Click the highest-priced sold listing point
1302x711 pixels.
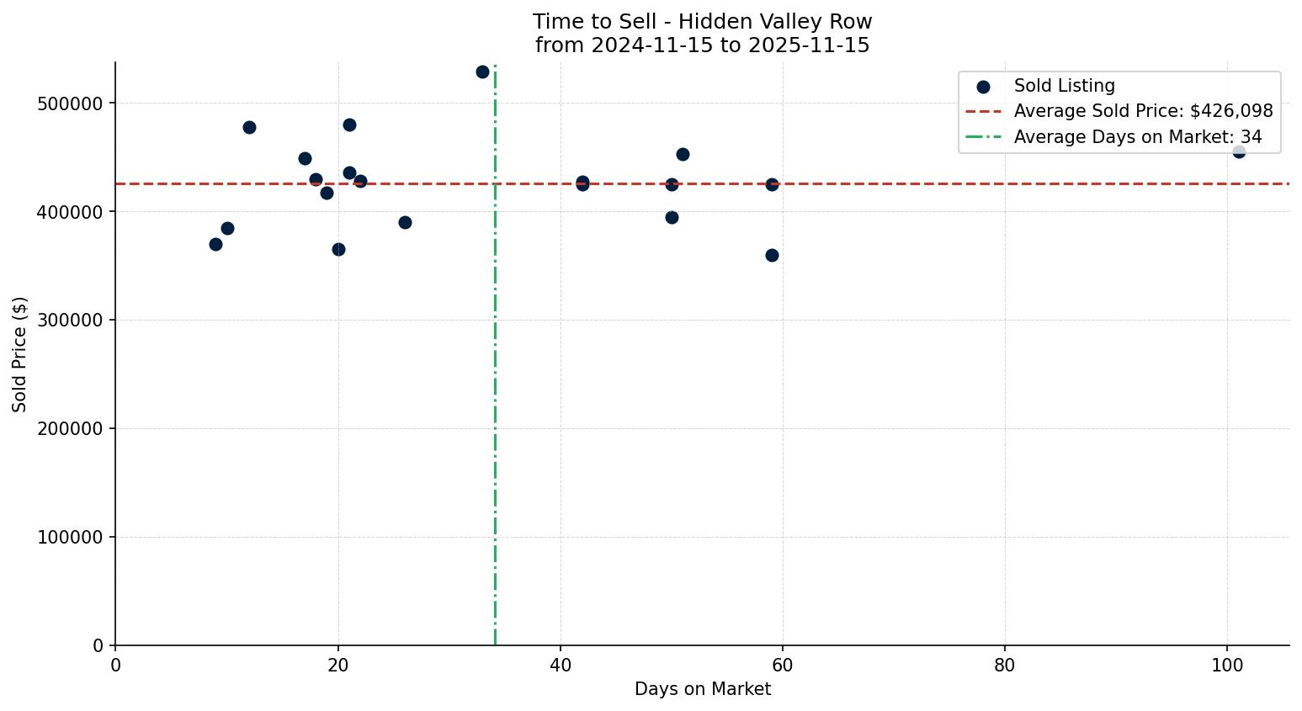point(482,72)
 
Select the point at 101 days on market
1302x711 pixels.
point(1239,151)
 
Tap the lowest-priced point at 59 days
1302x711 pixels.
point(772,255)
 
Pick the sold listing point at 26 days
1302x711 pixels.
point(405,222)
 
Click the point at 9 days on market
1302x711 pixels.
point(215,244)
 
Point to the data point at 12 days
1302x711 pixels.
point(249,127)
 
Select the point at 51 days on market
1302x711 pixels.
point(683,154)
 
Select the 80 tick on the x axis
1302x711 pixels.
point(1005,666)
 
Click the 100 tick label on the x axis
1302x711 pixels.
point(1227,666)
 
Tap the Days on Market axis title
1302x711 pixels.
point(702,689)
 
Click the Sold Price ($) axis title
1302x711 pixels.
point(20,354)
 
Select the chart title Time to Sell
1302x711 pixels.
point(702,22)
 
